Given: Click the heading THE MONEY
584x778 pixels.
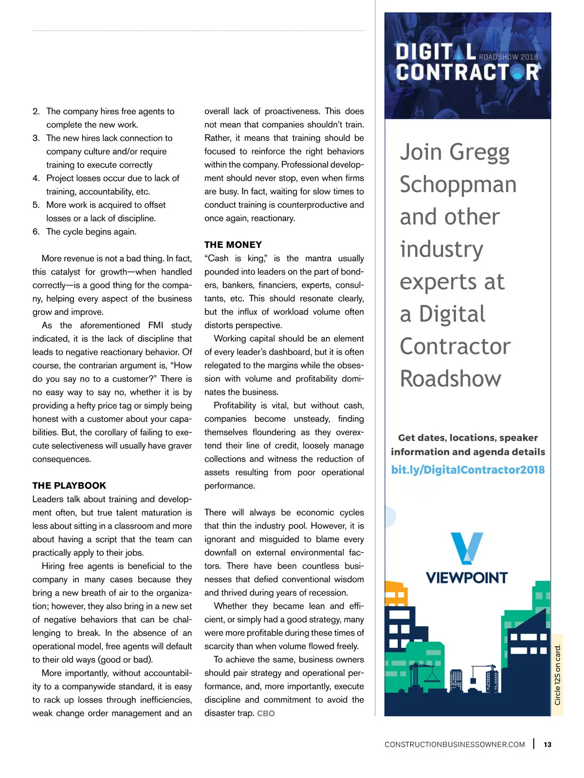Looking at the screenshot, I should (x=233, y=245).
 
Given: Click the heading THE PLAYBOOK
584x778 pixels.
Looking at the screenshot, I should (x=69, y=485).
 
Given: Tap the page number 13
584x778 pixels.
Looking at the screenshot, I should (x=547, y=744).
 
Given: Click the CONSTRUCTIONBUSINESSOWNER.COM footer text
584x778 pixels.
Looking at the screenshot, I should (x=455, y=744).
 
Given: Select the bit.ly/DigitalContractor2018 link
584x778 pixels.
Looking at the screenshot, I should (x=468, y=470).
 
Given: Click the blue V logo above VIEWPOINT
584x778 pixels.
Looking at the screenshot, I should (x=466, y=548).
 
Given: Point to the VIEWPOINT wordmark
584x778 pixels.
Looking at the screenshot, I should (x=467, y=578).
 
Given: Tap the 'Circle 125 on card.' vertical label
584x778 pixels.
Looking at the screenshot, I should (x=558, y=674).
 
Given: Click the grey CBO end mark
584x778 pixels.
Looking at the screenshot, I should (x=266, y=713).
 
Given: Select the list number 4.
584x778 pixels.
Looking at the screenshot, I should (x=36, y=178).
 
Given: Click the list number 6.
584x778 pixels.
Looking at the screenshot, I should (x=36, y=232).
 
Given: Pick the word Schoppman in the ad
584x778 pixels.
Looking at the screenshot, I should (x=458, y=185).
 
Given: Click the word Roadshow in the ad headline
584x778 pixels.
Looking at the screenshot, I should (x=450, y=379).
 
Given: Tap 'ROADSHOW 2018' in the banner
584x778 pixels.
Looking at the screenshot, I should (x=508, y=57).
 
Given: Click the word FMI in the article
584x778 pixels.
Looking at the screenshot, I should (x=156, y=325).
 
